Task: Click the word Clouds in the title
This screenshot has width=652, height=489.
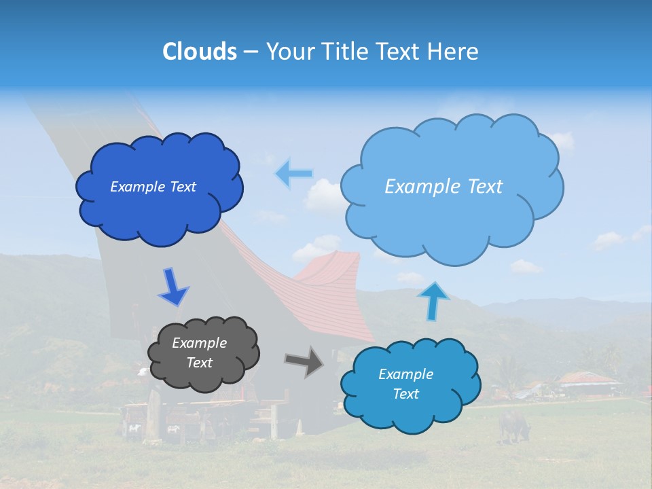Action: (199, 52)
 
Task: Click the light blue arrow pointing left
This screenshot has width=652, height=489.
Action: (293, 174)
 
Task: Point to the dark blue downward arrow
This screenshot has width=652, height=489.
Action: (173, 287)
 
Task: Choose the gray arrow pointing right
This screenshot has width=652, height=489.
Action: (304, 361)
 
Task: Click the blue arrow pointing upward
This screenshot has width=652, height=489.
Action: (433, 300)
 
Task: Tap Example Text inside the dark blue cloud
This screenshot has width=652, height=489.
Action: (153, 187)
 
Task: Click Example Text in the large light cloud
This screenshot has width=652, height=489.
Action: (443, 187)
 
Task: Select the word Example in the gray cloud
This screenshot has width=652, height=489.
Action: (199, 343)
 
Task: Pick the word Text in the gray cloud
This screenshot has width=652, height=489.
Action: (199, 363)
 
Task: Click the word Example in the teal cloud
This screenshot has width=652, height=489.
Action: (405, 374)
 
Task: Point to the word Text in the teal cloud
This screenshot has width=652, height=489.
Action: (405, 394)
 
